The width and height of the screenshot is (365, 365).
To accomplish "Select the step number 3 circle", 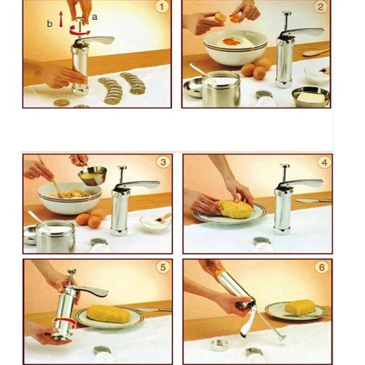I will pos(163,162).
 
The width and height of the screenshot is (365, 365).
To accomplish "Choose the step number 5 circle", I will pos(163,267).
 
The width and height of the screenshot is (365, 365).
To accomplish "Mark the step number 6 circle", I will pos(323,267).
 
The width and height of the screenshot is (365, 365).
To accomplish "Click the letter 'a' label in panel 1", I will pos(95,16).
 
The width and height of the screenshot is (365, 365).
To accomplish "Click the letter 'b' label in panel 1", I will pos(50,24).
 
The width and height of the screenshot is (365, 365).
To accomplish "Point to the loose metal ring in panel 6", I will pos(220,344).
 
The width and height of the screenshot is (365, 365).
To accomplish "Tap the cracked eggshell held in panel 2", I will pos(221,17).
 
